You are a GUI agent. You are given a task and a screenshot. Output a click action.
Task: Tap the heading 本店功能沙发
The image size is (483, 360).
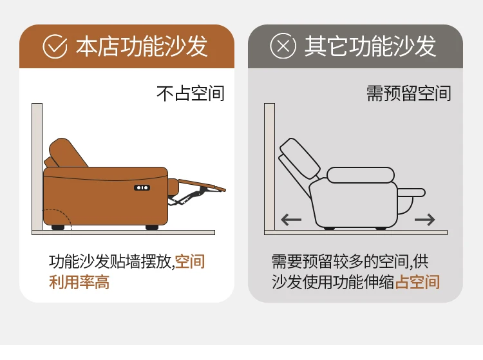click(142, 46)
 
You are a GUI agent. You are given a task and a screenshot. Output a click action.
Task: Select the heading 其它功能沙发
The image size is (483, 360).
click(370, 46)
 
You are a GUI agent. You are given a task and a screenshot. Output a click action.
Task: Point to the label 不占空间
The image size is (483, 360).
click(191, 93)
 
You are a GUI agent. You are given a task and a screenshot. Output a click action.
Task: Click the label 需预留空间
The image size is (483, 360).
click(409, 93)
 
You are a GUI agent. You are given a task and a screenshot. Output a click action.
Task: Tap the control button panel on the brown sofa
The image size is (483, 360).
click(142, 187)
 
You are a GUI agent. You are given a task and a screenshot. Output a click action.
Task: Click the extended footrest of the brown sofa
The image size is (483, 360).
click(202, 185)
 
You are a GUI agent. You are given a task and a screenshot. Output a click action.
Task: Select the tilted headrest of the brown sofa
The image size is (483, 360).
click(68, 153)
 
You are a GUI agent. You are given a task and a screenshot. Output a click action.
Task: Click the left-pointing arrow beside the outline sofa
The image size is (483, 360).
click(291, 220)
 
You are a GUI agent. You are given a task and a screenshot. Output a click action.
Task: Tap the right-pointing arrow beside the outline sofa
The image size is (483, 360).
click(425, 220)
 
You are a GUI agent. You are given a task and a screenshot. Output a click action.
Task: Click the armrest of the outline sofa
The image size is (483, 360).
click(361, 175)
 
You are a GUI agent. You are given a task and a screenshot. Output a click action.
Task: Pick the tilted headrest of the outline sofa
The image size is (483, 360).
click(299, 158)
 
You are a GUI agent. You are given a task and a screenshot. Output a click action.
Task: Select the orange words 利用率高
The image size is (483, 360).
click(79, 282)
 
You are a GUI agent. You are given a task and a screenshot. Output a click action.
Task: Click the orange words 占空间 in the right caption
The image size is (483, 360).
click(418, 282)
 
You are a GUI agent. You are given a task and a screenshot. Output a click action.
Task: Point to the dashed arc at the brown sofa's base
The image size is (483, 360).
click(63, 213)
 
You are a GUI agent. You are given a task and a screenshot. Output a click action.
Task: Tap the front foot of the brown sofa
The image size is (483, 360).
click(152, 227)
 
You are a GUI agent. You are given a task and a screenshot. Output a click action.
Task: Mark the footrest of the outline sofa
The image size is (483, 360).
click(412, 193)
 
